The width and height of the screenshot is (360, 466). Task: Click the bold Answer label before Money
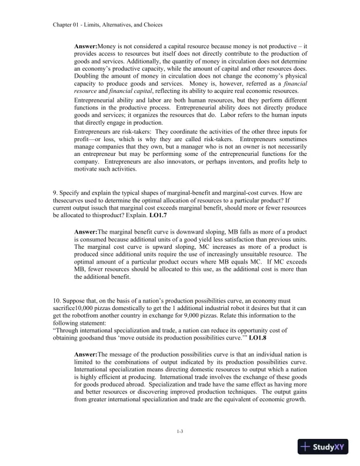click(86, 46)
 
